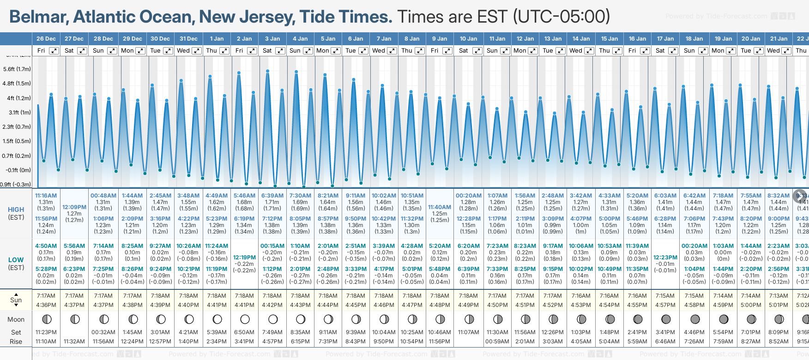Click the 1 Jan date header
click(217, 39)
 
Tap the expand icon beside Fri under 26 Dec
click(54, 51)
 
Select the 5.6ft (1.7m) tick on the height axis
click(17, 69)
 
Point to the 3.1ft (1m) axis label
click(20, 112)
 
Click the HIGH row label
click(16, 210)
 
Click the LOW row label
click(16, 260)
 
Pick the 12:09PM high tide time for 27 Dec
click(74, 207)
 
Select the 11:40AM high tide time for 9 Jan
click(440, 207)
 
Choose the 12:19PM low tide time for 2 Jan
click(244, 258)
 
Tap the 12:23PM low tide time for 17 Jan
click(665, 258)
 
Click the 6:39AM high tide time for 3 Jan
click(272, 196)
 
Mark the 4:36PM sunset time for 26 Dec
click(46, 305)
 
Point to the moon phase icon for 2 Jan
click(245, 319)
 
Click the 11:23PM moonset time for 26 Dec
click(46, 332)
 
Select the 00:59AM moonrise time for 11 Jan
click(497, 342)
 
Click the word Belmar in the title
click(39, 17)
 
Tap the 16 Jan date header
click(638, 39)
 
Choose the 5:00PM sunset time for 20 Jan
click(751, 305)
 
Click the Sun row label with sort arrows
click(16, 300)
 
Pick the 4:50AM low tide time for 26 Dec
click(46, 246)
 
